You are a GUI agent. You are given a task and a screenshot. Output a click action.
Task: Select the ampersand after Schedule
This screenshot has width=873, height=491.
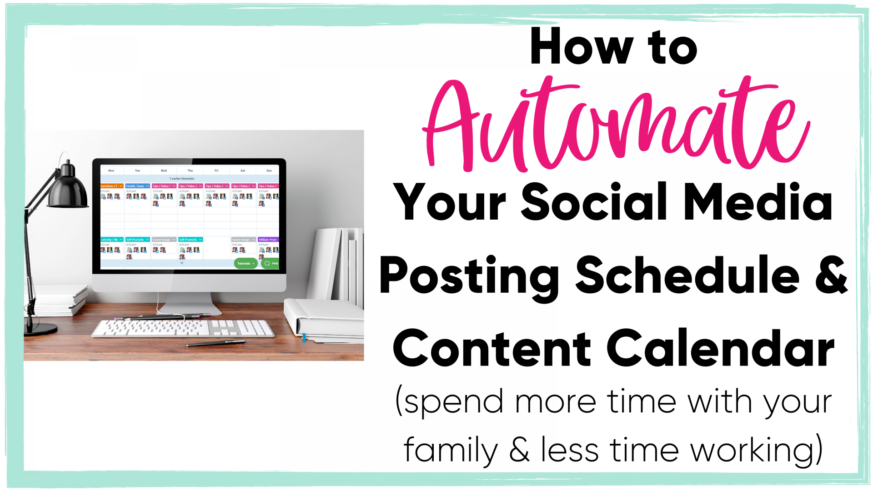(830, 275)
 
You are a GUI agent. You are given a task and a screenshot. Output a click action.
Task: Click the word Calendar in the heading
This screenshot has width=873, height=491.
(720, 349)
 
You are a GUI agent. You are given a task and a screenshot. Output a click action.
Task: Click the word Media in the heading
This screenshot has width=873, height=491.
(758, 202)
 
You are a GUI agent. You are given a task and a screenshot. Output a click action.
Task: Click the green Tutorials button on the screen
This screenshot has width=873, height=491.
(246, 263)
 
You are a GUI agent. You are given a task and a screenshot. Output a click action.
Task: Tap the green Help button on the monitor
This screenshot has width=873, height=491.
(271, 263)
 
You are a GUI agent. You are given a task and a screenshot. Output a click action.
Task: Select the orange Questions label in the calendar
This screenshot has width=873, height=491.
(111, 186)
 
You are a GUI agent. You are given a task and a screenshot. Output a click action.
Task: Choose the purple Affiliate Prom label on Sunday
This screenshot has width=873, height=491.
(268, 240)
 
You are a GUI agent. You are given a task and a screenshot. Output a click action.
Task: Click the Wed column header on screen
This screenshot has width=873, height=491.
(164, 170)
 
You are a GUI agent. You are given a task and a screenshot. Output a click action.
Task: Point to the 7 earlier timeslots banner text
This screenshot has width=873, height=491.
(182, 179)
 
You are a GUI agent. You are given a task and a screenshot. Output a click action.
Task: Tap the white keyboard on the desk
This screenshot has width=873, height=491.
(182, 328)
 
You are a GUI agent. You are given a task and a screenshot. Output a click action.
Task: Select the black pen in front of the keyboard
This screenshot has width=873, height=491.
(215, 343)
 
